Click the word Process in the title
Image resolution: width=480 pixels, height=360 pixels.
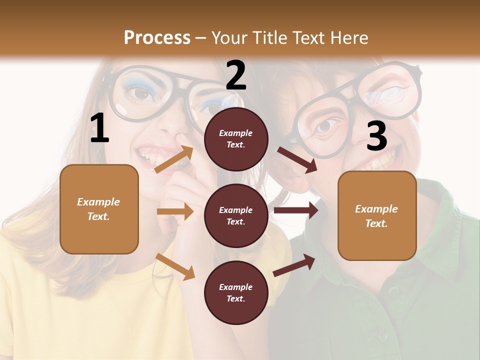pos(157,38)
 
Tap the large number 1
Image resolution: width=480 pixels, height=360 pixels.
pos(99,128)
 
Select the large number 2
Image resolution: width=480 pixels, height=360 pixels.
pos(236,75)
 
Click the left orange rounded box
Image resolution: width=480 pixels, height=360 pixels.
pos(99,209)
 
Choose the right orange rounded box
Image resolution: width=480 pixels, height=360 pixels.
pos(377,215)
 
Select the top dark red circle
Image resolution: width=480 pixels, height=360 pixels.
pos(236,139)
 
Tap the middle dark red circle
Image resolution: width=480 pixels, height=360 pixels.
pos(236,215)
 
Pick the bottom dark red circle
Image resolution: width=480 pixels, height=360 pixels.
pos(236,292)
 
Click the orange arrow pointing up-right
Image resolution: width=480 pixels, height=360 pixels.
pos(174,159)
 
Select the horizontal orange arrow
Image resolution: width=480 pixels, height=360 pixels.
pos(175,211)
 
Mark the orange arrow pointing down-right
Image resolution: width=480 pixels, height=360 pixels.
pos(175,266)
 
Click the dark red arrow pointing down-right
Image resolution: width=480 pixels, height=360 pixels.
pos(297,159)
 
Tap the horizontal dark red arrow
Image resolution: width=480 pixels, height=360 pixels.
pos(296,210)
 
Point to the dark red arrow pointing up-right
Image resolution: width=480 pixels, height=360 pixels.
pos(294,265)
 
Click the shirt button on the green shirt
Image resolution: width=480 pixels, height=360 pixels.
pos(394,290)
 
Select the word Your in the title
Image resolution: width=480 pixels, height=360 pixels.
pos(228,38)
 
